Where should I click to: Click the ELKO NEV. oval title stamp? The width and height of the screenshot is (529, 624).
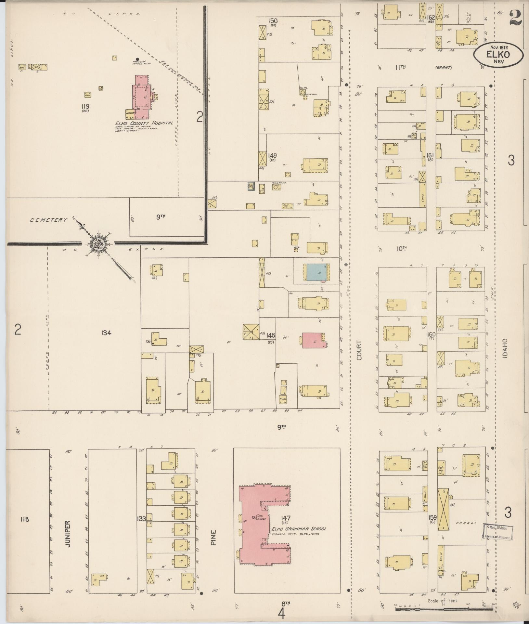click(x=498, y=55)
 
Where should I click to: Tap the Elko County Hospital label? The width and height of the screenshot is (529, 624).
click(x=143, y=123)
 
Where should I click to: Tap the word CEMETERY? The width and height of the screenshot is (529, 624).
click(x=49, y=220)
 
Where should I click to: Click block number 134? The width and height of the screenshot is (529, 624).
click(x=106, y=332)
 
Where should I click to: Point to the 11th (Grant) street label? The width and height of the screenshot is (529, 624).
click(x=422, y=68)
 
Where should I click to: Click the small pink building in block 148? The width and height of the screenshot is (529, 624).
click(x=313, y=340)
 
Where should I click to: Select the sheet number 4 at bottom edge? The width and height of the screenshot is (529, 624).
click(x=281, y=615)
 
